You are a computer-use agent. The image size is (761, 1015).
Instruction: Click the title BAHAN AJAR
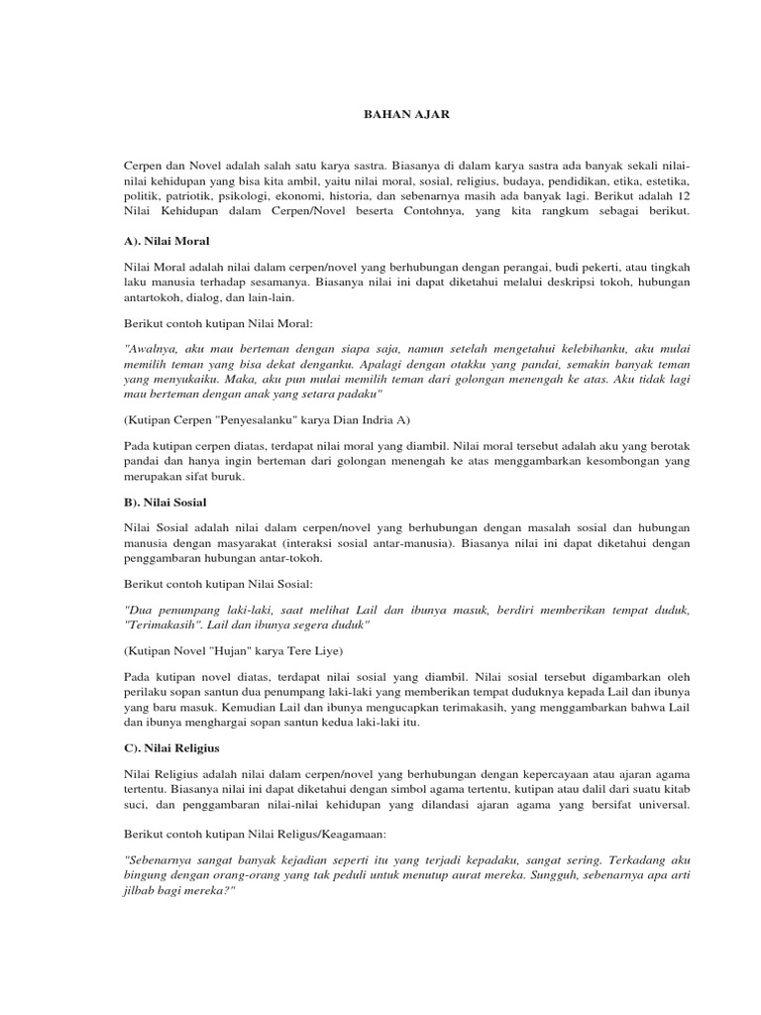click(x=403, y=115)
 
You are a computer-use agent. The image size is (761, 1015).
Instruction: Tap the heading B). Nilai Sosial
click(x=165, y=503)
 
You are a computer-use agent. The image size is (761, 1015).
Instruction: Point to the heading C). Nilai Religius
click(x=171, y=746)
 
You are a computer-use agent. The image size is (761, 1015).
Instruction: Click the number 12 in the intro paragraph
click(x=683, y=197)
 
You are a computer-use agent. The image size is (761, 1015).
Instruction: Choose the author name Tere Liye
click(x=316, y=650)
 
